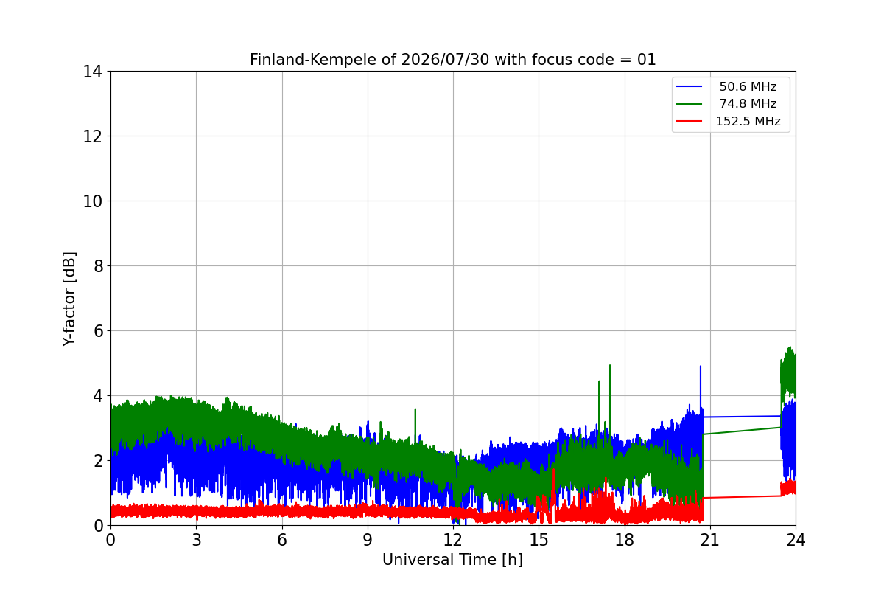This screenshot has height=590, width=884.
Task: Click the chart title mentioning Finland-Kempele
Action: coord(452,60)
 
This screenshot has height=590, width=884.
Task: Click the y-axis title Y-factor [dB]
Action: coord(69,299)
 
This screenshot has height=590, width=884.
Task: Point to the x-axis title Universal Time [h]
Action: coord(452,560)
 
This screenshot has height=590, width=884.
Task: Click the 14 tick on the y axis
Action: coord(92,72)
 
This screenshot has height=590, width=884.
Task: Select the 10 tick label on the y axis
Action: coord(92,201)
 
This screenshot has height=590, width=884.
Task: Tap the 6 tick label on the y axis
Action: coord(98,330)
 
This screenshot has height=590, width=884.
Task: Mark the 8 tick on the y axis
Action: coord(98,266)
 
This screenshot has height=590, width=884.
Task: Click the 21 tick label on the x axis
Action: coord(710,540)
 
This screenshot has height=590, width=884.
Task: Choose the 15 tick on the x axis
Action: coord(539,540)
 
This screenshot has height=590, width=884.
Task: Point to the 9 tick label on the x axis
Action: coord(368,540)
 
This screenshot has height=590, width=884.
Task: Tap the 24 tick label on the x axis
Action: coord(796,540)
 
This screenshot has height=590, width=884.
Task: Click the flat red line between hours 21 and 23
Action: coord(742,497)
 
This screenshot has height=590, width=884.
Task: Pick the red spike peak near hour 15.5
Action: coord(554,470)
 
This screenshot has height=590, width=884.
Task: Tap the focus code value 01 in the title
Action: coord(647,60)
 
